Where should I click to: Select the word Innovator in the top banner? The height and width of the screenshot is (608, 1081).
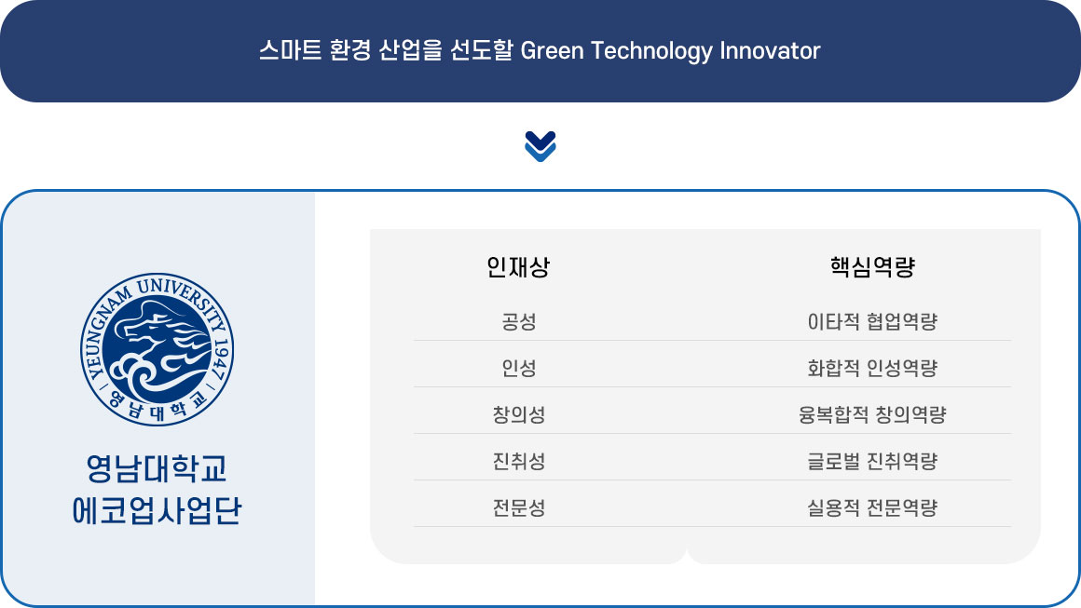(x=770, y=51)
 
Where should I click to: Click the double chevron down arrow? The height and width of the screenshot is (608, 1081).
(x=540, y=146)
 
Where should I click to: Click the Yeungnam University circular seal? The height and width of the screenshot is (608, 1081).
(x=157, y=349)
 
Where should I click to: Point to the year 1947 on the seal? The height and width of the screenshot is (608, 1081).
(x=221, y=359)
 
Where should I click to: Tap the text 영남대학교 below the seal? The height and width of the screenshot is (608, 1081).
(x=157, y=469)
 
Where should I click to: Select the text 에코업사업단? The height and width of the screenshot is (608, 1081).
(x=157, y=511)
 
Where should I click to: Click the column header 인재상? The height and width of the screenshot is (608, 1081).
(x=518, y=267)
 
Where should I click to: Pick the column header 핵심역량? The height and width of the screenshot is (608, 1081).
(x=872, y=267)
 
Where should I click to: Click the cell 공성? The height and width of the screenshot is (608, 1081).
(x=518, y=321)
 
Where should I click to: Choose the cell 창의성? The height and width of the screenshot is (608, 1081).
(x=518, y=414)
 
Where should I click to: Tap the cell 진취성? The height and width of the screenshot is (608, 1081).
(x=518, y=461)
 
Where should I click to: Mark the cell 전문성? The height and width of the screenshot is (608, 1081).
(x=518, y=508)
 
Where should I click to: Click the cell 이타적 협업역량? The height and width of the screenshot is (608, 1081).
(x=872, y=321)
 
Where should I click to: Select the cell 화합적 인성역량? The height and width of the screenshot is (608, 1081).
(x=872, y=369)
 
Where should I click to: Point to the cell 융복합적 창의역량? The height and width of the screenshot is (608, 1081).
(x=872, y=414)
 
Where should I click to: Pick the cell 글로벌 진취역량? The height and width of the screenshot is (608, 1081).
(x=872, y=461)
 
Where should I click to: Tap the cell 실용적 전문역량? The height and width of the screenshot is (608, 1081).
(x=872, y=508)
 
